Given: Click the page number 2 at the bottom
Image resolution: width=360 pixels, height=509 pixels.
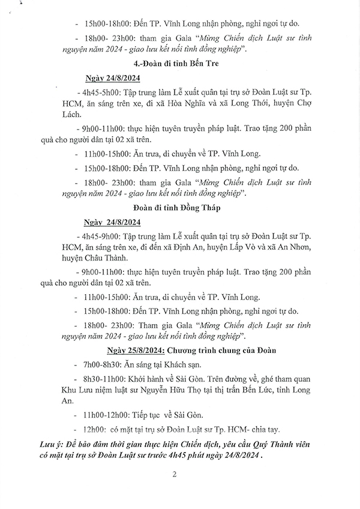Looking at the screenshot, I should [x=174, y=474].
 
